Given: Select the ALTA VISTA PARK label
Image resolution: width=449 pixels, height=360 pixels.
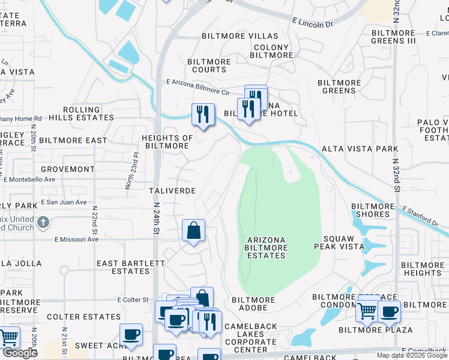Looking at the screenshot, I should click(360, 148).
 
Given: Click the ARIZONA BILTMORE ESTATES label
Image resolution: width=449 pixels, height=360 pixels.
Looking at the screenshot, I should click(267, 247).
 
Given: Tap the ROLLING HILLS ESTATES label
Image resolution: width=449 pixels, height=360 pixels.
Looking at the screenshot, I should click(82, 114).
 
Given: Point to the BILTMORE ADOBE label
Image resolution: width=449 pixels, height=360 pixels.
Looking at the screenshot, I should click(253, 304).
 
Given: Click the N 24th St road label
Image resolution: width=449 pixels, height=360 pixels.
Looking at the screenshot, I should click(156, 219).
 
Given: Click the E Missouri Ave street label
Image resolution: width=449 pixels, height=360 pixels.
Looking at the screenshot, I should click(76, 239).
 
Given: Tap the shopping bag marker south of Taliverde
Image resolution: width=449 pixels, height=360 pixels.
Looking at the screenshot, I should click(194, 230).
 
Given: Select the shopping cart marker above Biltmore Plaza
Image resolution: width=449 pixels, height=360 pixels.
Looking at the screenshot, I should click(367, 311).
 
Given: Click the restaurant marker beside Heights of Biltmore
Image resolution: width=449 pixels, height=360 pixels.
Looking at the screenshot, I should click(203, 114).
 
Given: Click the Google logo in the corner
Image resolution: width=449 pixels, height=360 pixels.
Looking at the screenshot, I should click(20, 353).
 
